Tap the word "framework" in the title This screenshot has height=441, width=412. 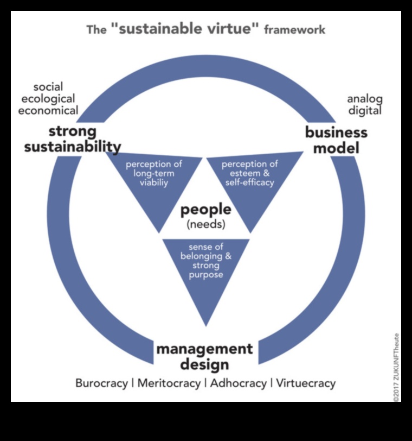294,29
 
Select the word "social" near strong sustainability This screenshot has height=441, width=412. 48,87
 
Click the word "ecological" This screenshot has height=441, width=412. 47,99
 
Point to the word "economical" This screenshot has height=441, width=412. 48,110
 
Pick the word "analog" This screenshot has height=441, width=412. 364,99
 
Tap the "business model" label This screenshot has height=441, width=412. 336,140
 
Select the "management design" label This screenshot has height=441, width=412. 204,356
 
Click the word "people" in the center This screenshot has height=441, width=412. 205,210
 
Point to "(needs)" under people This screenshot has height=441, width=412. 205,224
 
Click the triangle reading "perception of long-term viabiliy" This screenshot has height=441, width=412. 153,179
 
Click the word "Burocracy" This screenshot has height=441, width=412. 101,383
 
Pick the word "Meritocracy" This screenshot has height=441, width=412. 168,383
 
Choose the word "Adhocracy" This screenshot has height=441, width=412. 238,383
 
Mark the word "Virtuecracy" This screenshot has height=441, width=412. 306,383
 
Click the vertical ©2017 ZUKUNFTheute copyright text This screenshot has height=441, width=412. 397,367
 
